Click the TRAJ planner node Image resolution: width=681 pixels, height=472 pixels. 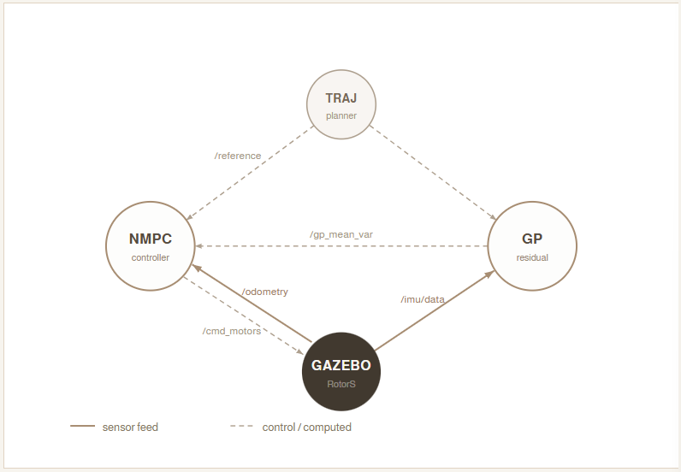coord(341,104)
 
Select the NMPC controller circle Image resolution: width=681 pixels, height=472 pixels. coord(151,246)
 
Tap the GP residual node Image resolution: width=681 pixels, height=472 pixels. coord(532,246)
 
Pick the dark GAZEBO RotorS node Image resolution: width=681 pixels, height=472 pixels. coord(341,371)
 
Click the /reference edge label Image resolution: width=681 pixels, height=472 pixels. coord(238,156)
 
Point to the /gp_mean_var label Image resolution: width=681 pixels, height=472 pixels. coord(341,233)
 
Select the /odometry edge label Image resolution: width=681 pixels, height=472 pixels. coord(265,292)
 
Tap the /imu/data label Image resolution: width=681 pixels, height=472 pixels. coord(423,299)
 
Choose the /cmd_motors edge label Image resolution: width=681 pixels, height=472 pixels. coord(232,331)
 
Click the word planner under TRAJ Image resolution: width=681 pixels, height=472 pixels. coord(341,115)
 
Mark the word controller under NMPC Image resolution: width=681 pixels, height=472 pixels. coord(151,257)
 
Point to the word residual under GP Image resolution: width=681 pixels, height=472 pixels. coord(532,257)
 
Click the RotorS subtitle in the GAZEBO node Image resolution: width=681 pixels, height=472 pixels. coord(341,384)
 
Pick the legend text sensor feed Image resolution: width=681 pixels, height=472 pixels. coord(130,427)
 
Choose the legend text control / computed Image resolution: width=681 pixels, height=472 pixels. coord(306,427)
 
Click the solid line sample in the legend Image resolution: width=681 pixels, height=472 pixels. coord(82,427)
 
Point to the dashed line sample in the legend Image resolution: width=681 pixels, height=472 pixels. coord(242,427)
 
